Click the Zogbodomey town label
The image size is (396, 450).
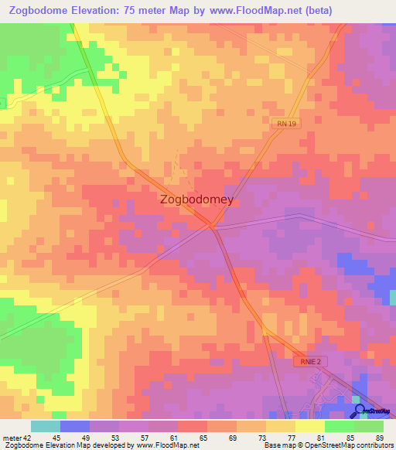coord(196,199)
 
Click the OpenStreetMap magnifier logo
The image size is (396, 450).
coord(360,411)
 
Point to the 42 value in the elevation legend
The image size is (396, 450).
coord(29,436)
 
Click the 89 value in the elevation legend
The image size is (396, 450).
coord(378,436)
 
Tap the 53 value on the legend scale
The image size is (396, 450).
coord(114,436)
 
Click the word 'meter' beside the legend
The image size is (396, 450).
coord(11,436)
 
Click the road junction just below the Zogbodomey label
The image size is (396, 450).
coord(212,226)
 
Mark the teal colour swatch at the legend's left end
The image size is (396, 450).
coord(45,426)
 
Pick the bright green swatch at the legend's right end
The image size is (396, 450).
coord(368,426)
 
